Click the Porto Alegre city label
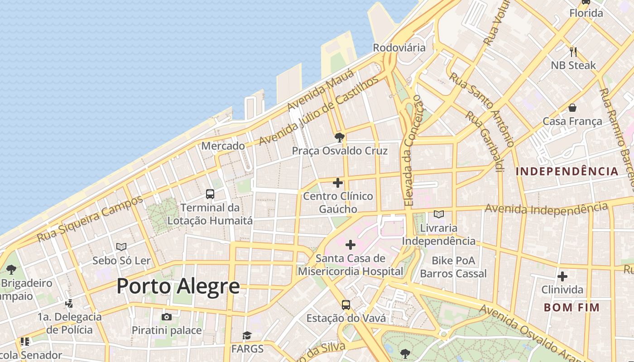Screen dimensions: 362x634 tap(178, 286)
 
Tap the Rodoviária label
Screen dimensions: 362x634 tap(399, 48)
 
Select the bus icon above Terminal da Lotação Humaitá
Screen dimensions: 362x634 tap(210, 194)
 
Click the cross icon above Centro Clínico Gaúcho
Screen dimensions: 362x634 tap(338, 183)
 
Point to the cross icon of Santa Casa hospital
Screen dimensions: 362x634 tap(351, 245)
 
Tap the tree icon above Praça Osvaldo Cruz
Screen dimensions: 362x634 tap(339, 137)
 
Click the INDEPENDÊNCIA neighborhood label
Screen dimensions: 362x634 tap(567, 171)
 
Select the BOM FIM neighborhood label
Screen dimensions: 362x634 tap(572, 308)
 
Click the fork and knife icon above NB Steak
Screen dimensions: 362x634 tap(573, 52)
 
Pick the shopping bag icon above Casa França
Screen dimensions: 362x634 tap(572, 108)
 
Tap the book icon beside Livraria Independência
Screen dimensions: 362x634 tap(438, 214)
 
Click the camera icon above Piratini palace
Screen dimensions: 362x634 tap(167, 317)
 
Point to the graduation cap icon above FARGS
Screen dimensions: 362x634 tap(247, 335)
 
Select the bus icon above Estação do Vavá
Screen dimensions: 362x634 tap(346, 305)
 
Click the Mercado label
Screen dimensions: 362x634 tap(223, 146)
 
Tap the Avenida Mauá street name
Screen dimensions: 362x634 tap(313, 94)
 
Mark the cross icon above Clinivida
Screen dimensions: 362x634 tap(562, 276)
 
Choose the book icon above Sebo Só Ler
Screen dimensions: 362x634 tap(121, 247)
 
